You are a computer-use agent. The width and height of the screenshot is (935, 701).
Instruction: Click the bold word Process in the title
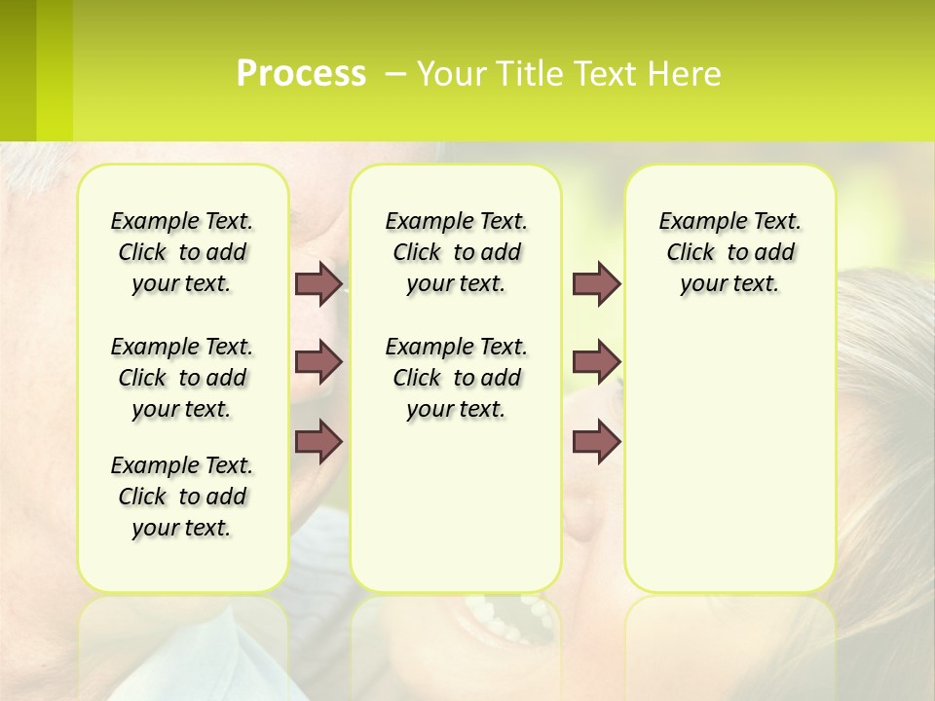301,74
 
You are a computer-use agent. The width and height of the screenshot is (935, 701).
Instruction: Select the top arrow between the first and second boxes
318,283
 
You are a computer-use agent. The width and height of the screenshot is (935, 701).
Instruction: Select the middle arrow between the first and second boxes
318,362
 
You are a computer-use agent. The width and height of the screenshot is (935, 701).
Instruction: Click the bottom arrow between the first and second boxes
318,441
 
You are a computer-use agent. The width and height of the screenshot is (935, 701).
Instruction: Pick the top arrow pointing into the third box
596,283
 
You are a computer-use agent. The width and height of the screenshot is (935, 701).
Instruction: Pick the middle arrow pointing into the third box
596,362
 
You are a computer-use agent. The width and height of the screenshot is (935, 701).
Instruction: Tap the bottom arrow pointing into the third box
596,441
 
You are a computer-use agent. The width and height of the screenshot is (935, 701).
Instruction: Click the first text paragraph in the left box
182,252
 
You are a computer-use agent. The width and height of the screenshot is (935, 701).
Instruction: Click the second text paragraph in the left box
182,378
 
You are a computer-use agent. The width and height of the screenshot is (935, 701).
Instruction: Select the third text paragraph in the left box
182,497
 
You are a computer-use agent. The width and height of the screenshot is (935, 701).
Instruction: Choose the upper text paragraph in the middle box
456,252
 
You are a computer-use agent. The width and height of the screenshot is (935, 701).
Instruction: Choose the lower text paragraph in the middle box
456,378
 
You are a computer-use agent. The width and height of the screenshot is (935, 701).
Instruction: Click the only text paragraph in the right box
729,252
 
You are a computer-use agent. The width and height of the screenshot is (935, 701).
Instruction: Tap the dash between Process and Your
394,74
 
